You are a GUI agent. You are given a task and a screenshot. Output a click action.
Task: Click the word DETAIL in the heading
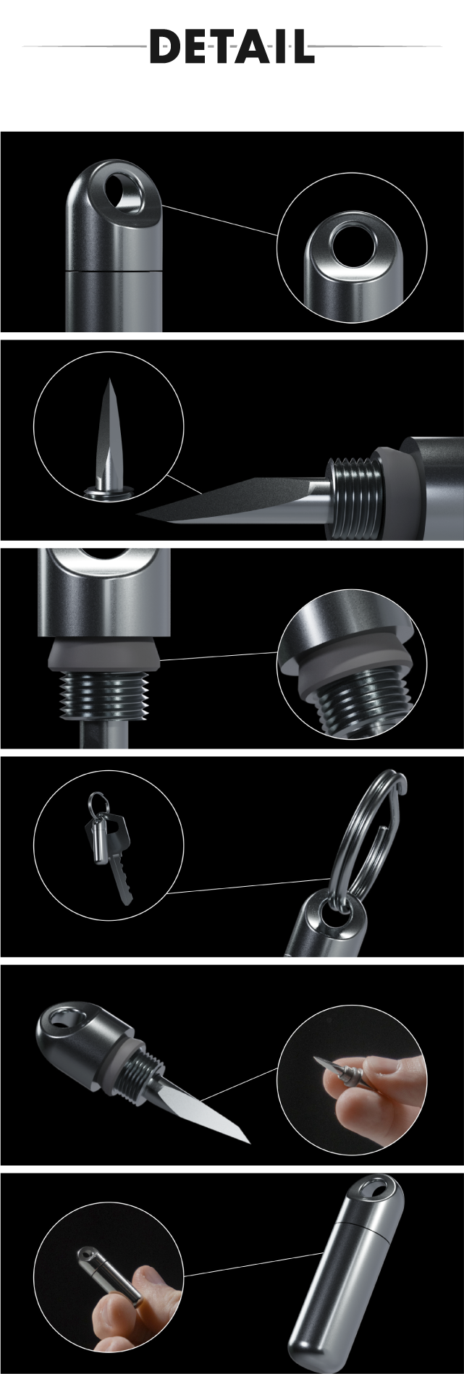[232, 47]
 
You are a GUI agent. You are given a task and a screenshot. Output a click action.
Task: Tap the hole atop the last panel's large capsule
[376, 1187]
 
